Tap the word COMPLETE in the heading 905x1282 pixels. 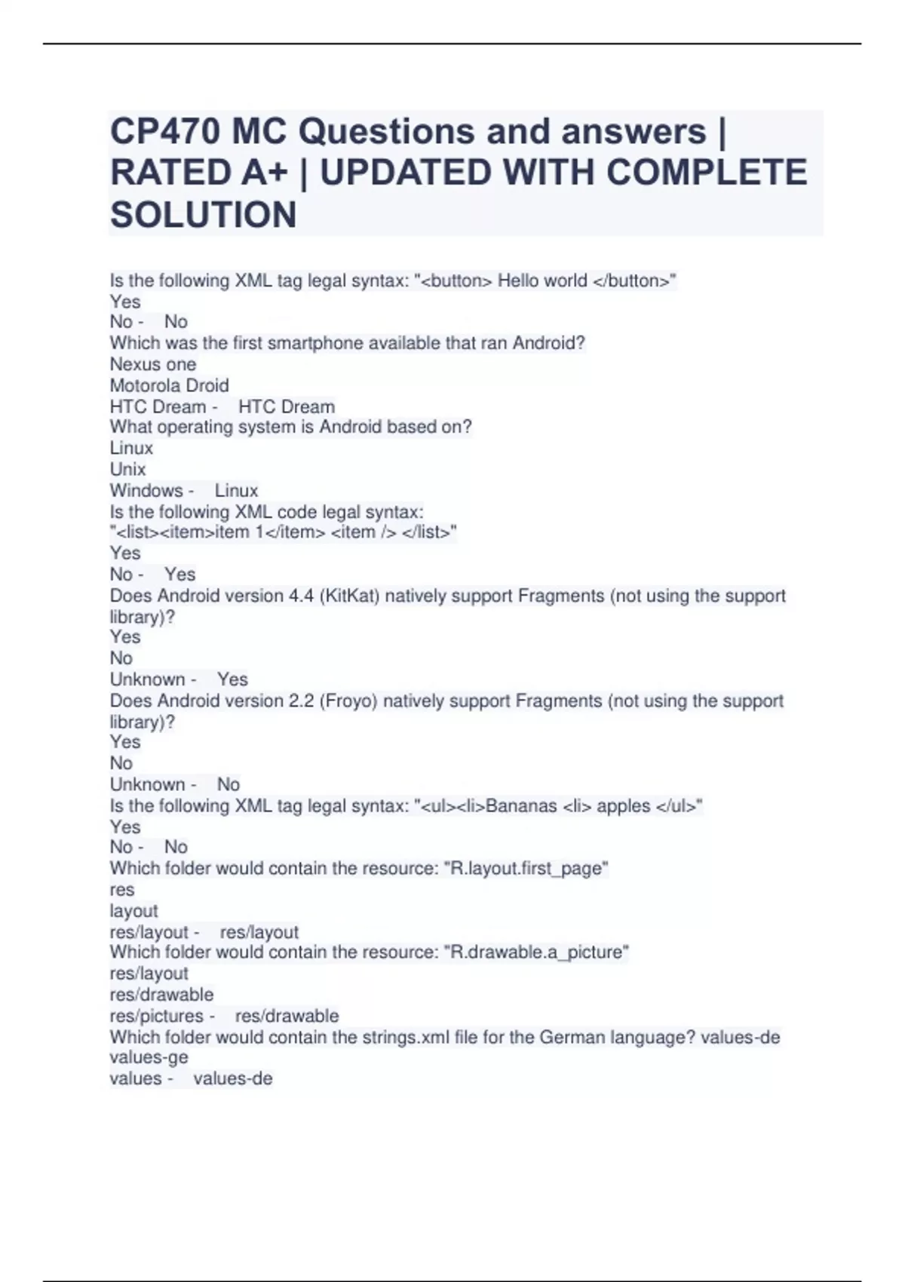707,173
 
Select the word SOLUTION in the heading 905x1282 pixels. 203,215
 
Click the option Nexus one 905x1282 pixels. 152,364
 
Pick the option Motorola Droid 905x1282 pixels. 169,385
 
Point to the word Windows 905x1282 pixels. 146,491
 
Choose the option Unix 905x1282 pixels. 127,469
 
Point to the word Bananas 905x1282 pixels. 521,806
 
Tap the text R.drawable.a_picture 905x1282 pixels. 536,952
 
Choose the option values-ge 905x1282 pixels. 149,1057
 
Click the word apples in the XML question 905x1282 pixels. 623,806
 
